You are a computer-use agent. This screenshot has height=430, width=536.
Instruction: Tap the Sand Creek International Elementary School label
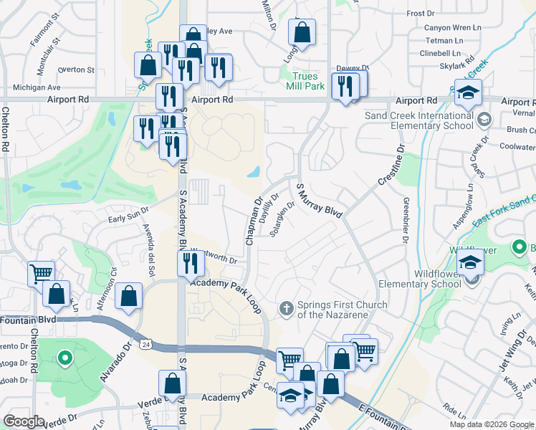point(419,120)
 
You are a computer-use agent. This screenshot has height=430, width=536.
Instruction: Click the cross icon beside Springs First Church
point(286,309)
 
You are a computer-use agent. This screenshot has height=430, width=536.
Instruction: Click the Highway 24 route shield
point(146,345)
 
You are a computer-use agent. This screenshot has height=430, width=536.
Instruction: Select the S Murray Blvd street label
point(319,200)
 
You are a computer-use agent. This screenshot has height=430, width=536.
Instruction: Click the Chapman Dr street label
point(253,222)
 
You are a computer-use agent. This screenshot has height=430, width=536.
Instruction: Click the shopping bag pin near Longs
point(302,32)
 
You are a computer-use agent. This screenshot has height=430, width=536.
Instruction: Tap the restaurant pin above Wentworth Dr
point(191,264)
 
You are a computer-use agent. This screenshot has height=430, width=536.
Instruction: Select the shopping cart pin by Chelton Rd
point(41,273)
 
